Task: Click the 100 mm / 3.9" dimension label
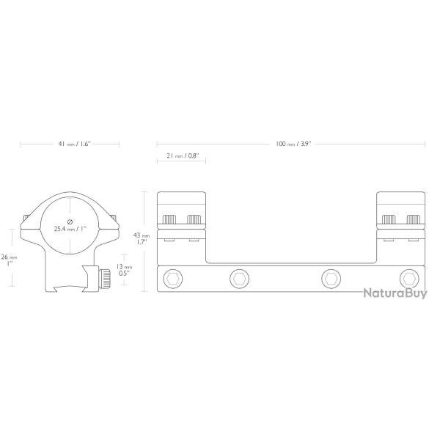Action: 293,144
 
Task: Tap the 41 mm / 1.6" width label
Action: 74,144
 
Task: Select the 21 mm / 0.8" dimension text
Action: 183,155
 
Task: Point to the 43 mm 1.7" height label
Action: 142,239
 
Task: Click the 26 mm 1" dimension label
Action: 9,260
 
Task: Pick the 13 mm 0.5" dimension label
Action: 124,270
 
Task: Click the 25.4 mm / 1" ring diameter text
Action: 70,229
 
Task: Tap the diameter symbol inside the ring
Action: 70,221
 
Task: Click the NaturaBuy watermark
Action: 395,293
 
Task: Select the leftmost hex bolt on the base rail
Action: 172,279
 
